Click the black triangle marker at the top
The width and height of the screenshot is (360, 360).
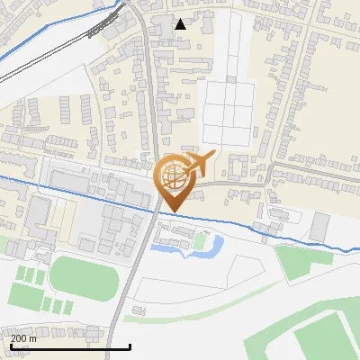click(181, 24)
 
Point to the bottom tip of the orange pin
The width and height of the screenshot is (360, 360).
click(173, 211)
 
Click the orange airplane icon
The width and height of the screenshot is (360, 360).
click(200, 165)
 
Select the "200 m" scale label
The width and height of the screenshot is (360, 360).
click(23, 338)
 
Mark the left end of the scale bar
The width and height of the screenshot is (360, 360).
click(10, 346)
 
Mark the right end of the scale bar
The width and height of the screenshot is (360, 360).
click(130, 346)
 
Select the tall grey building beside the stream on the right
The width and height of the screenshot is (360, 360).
click(319, 227)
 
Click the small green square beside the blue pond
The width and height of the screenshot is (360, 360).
click(200, 241)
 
